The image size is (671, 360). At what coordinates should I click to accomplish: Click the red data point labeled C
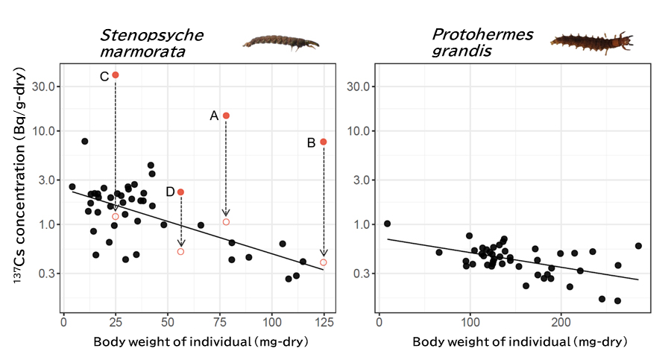click(115, 75)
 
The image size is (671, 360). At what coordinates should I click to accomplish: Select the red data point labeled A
click(226, 116)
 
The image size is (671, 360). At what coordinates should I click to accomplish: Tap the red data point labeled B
click(324, 142)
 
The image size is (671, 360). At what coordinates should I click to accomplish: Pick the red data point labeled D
click(180, 192)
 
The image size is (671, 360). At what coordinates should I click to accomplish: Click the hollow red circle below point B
click(324, 262)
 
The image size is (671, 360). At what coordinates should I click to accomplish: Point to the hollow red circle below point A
click(226, 222)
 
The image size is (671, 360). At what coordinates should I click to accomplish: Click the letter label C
click(104, 76)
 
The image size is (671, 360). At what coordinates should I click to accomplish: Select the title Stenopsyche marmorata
click(151, 43)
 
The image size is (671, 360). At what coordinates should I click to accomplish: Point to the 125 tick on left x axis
click(324, 323)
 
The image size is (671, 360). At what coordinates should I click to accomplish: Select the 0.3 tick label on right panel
click(361, 274)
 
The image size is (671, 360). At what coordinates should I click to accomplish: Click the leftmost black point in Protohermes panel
click(387, 224)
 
